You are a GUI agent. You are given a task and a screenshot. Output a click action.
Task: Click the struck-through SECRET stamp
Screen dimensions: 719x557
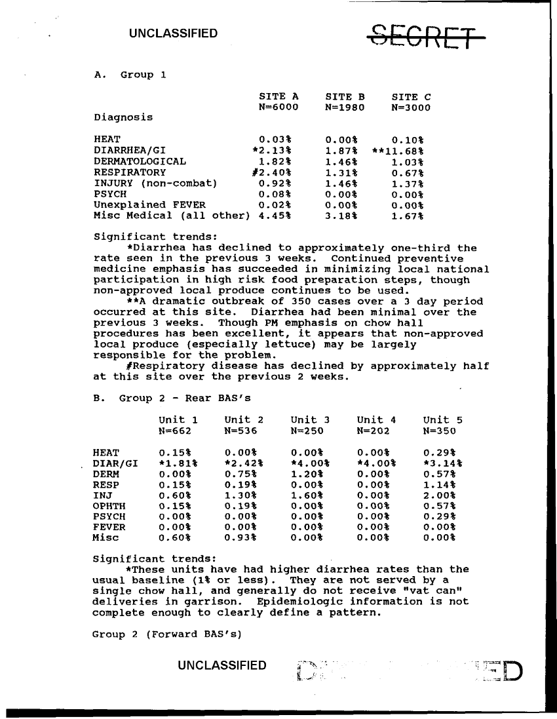click(x=428, y=36)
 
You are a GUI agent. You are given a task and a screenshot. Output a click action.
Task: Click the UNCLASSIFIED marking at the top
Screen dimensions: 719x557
click(x=173, y=33)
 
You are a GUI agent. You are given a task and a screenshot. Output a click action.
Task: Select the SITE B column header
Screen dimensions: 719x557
click(x=345, y=97)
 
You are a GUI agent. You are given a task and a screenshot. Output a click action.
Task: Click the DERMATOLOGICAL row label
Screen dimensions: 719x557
click(x=140, y=161)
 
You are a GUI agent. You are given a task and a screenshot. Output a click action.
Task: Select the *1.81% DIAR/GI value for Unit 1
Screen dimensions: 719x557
click(x=178, y=463)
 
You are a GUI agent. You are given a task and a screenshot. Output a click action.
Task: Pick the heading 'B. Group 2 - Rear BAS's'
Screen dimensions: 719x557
click(x=172, y=398)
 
